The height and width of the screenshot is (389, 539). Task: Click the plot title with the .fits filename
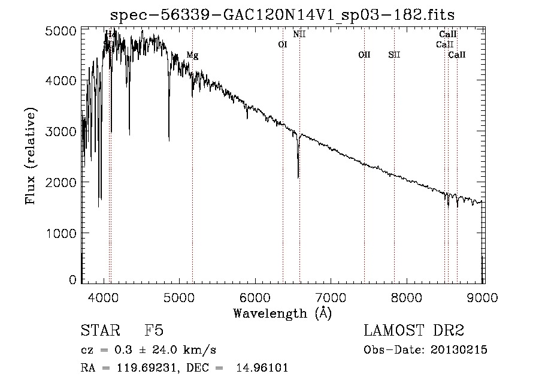pos(287,14)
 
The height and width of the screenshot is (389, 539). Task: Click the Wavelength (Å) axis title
pos(282,313)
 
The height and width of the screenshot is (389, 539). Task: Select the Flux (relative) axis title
pos(31,156)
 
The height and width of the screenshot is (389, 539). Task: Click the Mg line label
pos(192,55)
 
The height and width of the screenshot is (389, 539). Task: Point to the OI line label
pos(283,44)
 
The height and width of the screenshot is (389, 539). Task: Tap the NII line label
pos(299,34)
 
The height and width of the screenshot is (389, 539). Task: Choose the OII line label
pos(364,55)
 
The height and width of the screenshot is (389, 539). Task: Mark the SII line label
pos(394,55)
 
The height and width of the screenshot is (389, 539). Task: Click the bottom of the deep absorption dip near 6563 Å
pos(298,177)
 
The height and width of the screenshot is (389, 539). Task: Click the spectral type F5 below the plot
pos(154,330)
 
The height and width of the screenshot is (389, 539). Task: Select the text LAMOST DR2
pos(414,330)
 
